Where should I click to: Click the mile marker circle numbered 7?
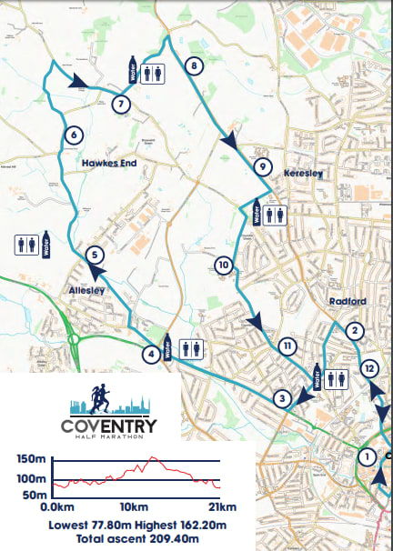coord(121,104)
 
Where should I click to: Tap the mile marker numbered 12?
coord(368,368)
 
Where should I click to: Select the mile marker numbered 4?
coord(151,355)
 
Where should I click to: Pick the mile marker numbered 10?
coord(224,265)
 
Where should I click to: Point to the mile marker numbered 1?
coord(368,456)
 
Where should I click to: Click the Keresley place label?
coord(304,171)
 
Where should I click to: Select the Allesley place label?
coord(88,290)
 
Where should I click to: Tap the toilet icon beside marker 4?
coord(192,348)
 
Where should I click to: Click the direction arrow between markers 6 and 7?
coord(80,81)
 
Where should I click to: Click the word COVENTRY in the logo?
coord(108,426)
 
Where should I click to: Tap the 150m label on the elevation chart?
coord(33,458)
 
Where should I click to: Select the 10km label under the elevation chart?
coord(133,506)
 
